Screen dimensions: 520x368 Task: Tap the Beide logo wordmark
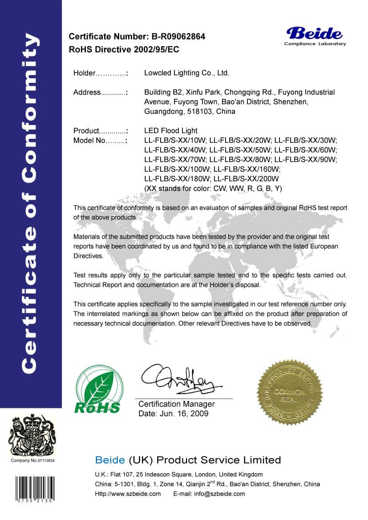click(x=315, y=33)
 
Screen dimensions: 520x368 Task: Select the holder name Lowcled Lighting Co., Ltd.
click(x=187, y=73)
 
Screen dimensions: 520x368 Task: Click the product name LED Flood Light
click(x=171, y=131)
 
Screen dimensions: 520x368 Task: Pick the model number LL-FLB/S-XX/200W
click(x=246, y=179)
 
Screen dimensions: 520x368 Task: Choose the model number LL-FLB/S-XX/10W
click(x=175, y=141)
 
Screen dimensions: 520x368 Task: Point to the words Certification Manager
click(x=177, y=404)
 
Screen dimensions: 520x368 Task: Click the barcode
click(x=34, y=488)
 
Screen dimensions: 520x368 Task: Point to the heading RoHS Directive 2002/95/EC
click(x=124, y=49)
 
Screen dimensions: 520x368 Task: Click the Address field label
click(x=88, y=93)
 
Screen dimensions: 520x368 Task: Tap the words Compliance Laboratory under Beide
click(x=315, y=44)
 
